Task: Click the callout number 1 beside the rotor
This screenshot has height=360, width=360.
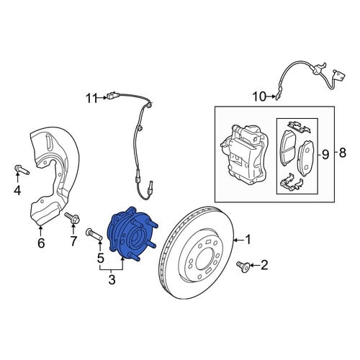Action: (x=248, y=240)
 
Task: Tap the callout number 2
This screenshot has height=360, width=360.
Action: (x=264, y=265)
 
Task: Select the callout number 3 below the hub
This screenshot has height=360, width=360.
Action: (x=112, y=279)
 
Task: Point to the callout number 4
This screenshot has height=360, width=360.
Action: (x=17, y=191)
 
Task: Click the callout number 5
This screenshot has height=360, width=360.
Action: (x=101, y=258)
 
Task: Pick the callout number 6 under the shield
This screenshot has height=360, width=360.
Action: (x=41, y=243)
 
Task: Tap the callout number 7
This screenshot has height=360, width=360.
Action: (x=73, y=241)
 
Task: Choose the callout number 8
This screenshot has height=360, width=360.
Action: (x=342, y=153)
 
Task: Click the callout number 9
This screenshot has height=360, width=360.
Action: (x=325, y=155)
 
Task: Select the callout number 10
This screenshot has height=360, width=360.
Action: (x=259, y=97)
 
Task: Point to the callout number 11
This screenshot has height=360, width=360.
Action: (x=91, y=98)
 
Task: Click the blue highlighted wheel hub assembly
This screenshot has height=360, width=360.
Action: (x=132, y=234)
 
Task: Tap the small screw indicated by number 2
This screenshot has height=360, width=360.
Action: (x=243, y=267)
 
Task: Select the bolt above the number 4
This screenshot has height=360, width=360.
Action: (x=22, y=169)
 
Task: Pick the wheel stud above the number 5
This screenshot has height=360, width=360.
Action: (x=94, y=235)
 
